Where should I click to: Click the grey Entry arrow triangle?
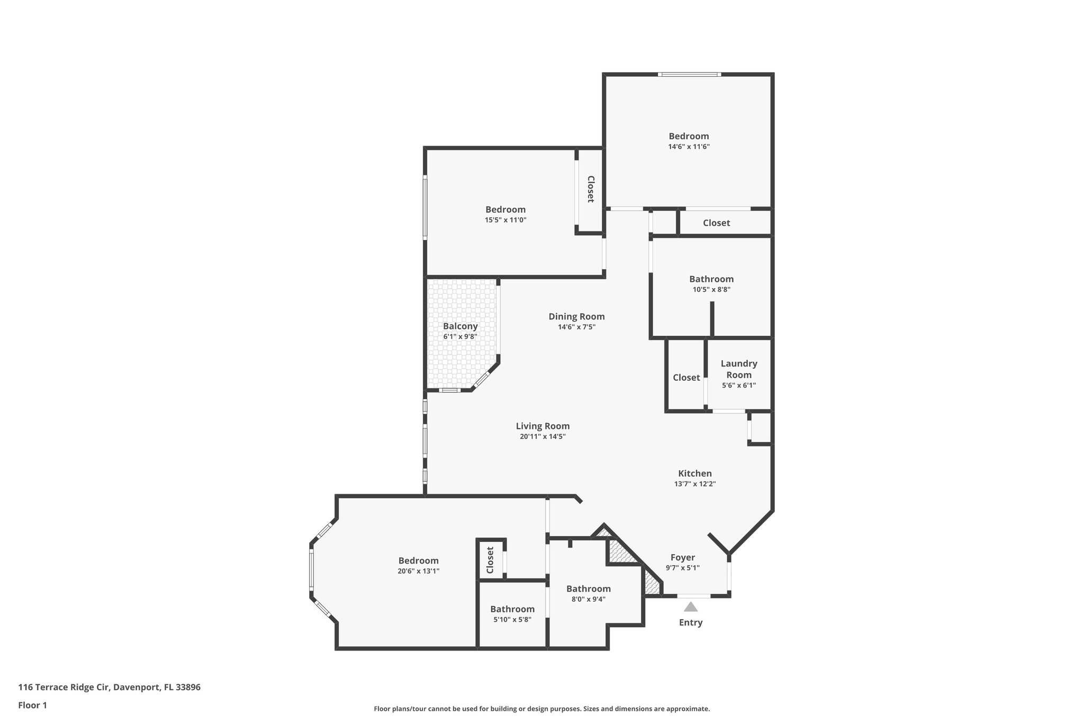(690, 607)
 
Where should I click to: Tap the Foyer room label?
(682, 557)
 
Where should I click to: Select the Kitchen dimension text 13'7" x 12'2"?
(694, 484)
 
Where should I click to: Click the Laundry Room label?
(739, 369)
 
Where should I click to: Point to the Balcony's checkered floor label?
(460, 326)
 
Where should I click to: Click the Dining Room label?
(576, 317)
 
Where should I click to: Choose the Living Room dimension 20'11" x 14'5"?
(543, 436)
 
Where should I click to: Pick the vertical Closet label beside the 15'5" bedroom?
(590, 189)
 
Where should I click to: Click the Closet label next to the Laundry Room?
(686, 378)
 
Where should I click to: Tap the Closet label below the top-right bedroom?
(716, 223)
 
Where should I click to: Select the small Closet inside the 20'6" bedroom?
(490, 560)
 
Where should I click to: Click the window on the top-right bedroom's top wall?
(689, 75)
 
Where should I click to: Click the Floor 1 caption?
(32, 705)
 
